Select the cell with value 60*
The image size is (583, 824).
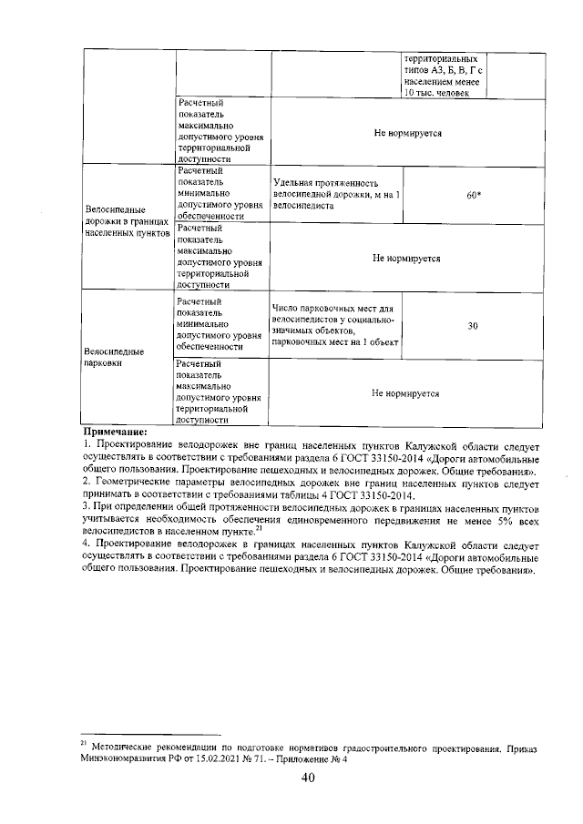(473, 195)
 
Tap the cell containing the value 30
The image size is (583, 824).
(473, 326)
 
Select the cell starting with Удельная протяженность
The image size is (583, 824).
(336, 195)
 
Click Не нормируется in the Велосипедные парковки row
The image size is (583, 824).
(405, 393)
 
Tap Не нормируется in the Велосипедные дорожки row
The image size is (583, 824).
(405, 258)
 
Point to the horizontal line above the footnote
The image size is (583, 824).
(150, 734)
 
